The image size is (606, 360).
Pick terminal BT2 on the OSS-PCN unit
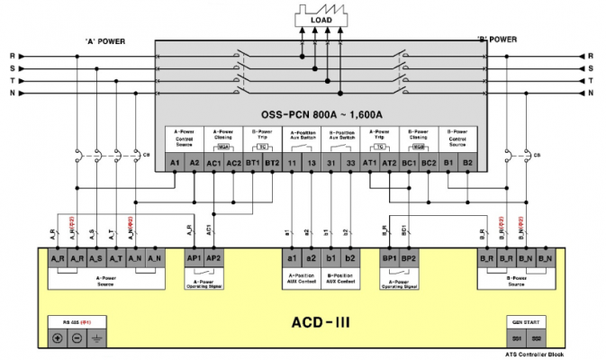[272, 163]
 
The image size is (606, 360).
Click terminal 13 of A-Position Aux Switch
[312, 163]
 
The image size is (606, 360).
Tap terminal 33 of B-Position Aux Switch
[352, 163]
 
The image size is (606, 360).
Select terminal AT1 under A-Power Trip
[369, 163]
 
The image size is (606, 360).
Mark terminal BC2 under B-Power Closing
[429, 163]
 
